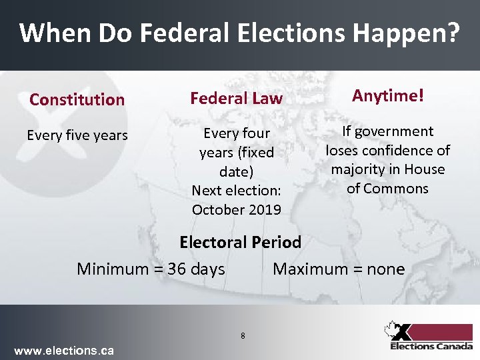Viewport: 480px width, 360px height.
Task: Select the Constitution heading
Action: [77, 100]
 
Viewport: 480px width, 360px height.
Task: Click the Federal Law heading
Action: [237, 99]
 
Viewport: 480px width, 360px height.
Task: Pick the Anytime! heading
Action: [387, 96]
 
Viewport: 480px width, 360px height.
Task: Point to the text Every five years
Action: [77, 135]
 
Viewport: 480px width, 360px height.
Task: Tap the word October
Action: [215, 209]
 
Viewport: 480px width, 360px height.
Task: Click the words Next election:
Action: [236, 190]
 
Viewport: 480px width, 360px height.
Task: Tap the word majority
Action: [358, 169]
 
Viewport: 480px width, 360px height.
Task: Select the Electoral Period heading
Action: [241, 242]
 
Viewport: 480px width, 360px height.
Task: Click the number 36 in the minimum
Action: [177, 269]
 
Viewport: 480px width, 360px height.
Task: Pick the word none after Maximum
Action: [385, 269]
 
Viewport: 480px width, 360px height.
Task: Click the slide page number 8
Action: [243, 335]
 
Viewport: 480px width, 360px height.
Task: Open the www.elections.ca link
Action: [64, 351]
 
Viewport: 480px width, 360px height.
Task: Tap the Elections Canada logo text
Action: [431, 346]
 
